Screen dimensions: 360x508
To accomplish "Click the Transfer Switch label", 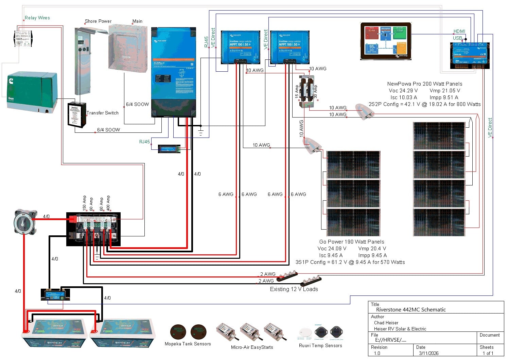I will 103,113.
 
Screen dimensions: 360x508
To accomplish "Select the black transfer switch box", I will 77,115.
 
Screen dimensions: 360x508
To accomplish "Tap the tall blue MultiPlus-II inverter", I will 173,72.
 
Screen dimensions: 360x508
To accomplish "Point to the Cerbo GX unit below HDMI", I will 470,55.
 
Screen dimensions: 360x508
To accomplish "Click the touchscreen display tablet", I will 386,41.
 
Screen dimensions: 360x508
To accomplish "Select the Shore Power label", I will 98,21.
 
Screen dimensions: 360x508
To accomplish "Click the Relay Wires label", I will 37,18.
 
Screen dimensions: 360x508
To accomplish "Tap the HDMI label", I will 459,31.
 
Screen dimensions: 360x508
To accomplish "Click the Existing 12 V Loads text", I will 294,289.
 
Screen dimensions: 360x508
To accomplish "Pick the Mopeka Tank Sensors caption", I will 188,344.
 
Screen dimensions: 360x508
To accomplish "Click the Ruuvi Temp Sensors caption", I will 320,346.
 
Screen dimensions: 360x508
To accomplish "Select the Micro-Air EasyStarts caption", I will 252,347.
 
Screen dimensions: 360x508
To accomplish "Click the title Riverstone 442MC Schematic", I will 411,310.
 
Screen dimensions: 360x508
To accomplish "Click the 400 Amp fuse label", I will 108,203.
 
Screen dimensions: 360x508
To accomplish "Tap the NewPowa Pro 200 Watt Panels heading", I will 425,84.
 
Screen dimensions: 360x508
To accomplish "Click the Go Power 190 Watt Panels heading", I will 352,242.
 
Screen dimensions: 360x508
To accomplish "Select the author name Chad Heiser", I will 386,323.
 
